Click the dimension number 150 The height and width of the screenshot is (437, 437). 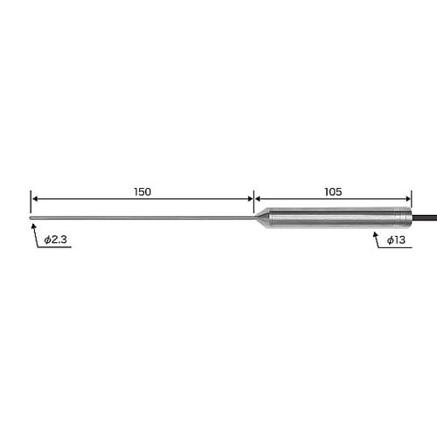(x=142, y=191)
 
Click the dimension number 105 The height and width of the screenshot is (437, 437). (x=333, y=191)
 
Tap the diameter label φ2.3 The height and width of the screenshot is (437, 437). (x=55, y=239)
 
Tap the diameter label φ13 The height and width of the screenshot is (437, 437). (x=396, y=240)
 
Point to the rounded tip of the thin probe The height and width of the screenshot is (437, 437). (x=31, y=218)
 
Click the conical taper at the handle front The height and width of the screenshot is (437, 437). (x=262, y=218)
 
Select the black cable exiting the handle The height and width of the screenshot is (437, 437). (x=424, y=218)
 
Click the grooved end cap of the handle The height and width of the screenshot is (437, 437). (x=403, y=218)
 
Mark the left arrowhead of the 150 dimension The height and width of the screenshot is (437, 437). (x=35, y=199)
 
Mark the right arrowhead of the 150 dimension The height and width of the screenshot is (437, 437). (x=250, y=199)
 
